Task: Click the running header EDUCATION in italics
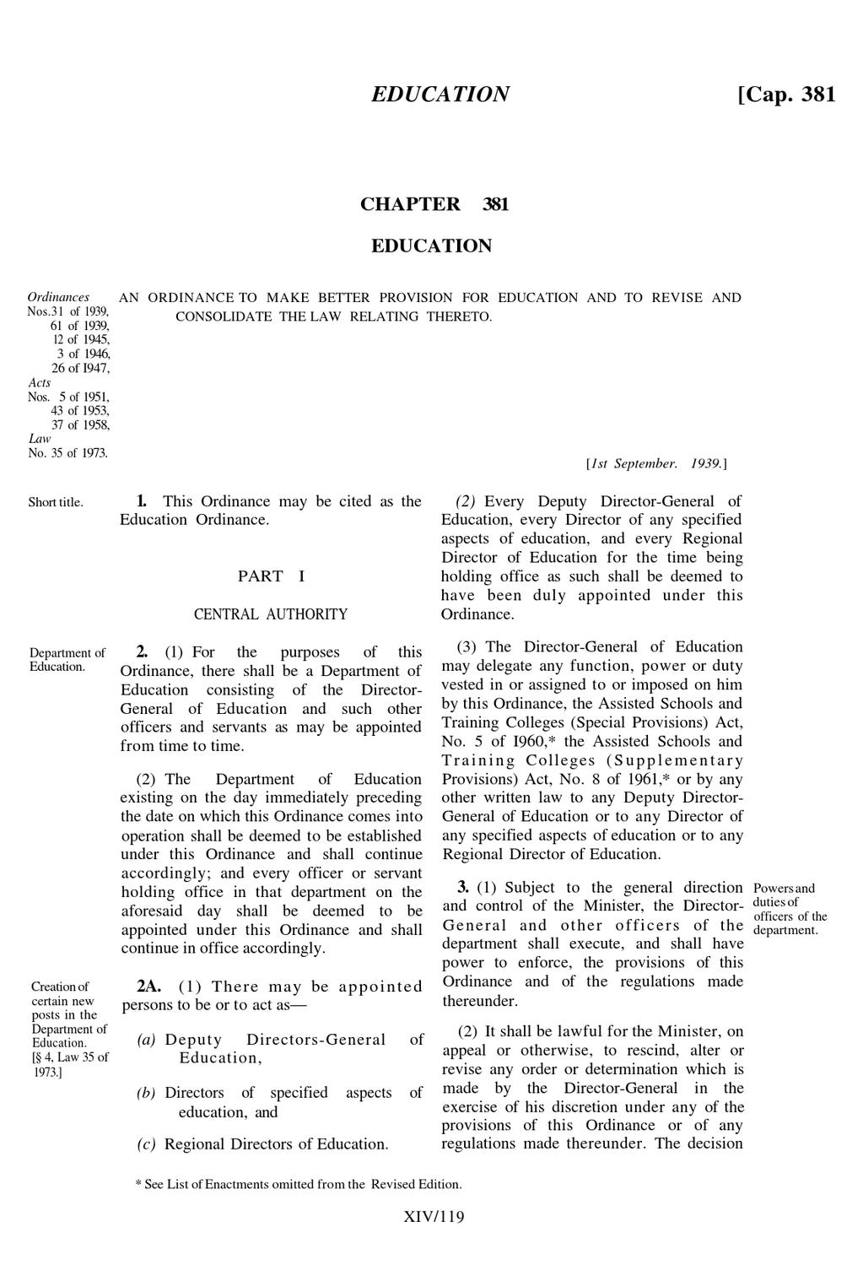(440, 94)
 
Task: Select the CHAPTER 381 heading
(434, 204)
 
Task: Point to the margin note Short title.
(56, 502)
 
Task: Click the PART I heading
(271, 576)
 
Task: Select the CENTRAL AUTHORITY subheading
(270, 614)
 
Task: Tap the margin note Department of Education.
(67, 659)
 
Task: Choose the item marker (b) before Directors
(146, 1093)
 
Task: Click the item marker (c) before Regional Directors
(146, 1144)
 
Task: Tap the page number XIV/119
(434, 1217)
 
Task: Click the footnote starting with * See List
(299, 1184)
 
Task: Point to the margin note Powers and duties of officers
(790, 909)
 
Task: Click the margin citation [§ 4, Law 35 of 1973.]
(69, 1064)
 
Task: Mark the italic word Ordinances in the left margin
(58, 297)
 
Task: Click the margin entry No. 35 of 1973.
(67, 452)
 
